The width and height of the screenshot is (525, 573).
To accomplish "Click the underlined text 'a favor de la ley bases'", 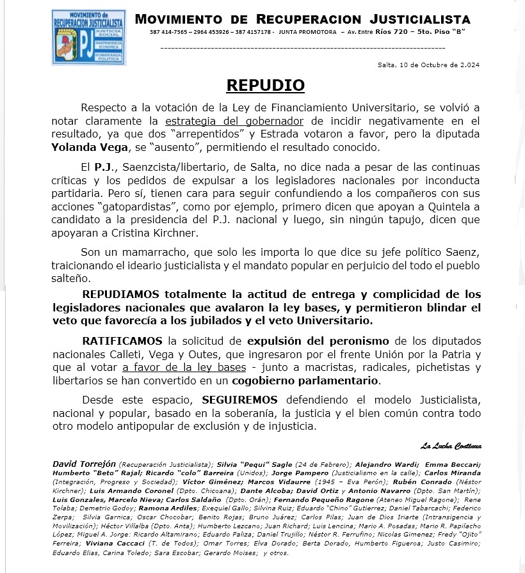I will click(x=184, y=367).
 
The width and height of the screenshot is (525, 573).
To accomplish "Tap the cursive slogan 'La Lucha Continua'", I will click(x=451, y=446).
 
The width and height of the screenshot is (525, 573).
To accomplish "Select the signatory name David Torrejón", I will click(x=85, y=463).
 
